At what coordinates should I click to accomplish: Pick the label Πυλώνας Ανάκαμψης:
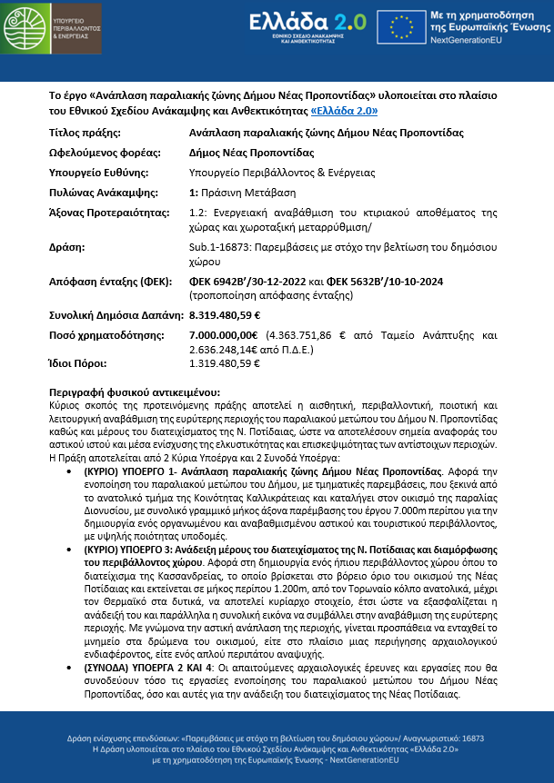[x=102, y=193]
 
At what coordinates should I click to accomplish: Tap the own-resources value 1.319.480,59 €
[x=225, y=362]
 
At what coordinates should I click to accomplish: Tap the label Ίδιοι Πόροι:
[x=74, y=362]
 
